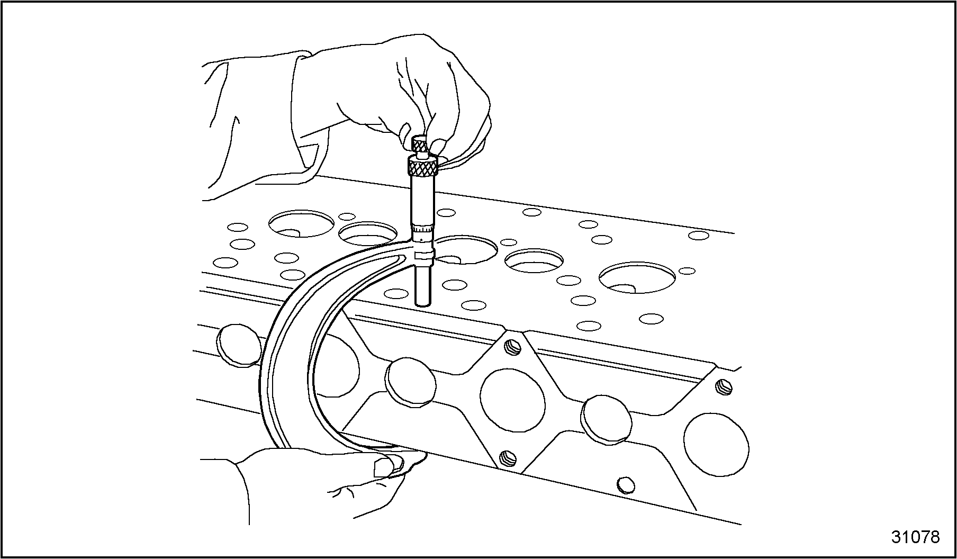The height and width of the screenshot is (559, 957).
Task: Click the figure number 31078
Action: (x=915, y=537)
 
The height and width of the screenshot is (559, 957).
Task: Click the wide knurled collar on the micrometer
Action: (x=422, y=167)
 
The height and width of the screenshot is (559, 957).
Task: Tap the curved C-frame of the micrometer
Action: (x=296, y=339)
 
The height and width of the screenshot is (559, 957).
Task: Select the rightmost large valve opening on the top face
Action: (x=637, y=278)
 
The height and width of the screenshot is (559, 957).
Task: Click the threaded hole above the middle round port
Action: (x=513, y=347)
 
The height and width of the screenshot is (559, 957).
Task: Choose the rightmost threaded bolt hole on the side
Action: (x=724, y=387)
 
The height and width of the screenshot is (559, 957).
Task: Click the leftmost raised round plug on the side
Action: (x=239, y=344)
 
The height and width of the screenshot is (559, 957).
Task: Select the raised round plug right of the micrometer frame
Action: (x=410, y=382)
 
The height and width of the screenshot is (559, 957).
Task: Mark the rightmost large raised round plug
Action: (x=607, y=419)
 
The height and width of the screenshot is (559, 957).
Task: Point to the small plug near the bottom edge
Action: (x=626, y=484)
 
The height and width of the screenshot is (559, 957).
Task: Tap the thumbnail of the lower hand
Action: (x=384, y=466)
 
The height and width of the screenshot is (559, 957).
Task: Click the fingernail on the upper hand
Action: (x=405, y=131)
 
